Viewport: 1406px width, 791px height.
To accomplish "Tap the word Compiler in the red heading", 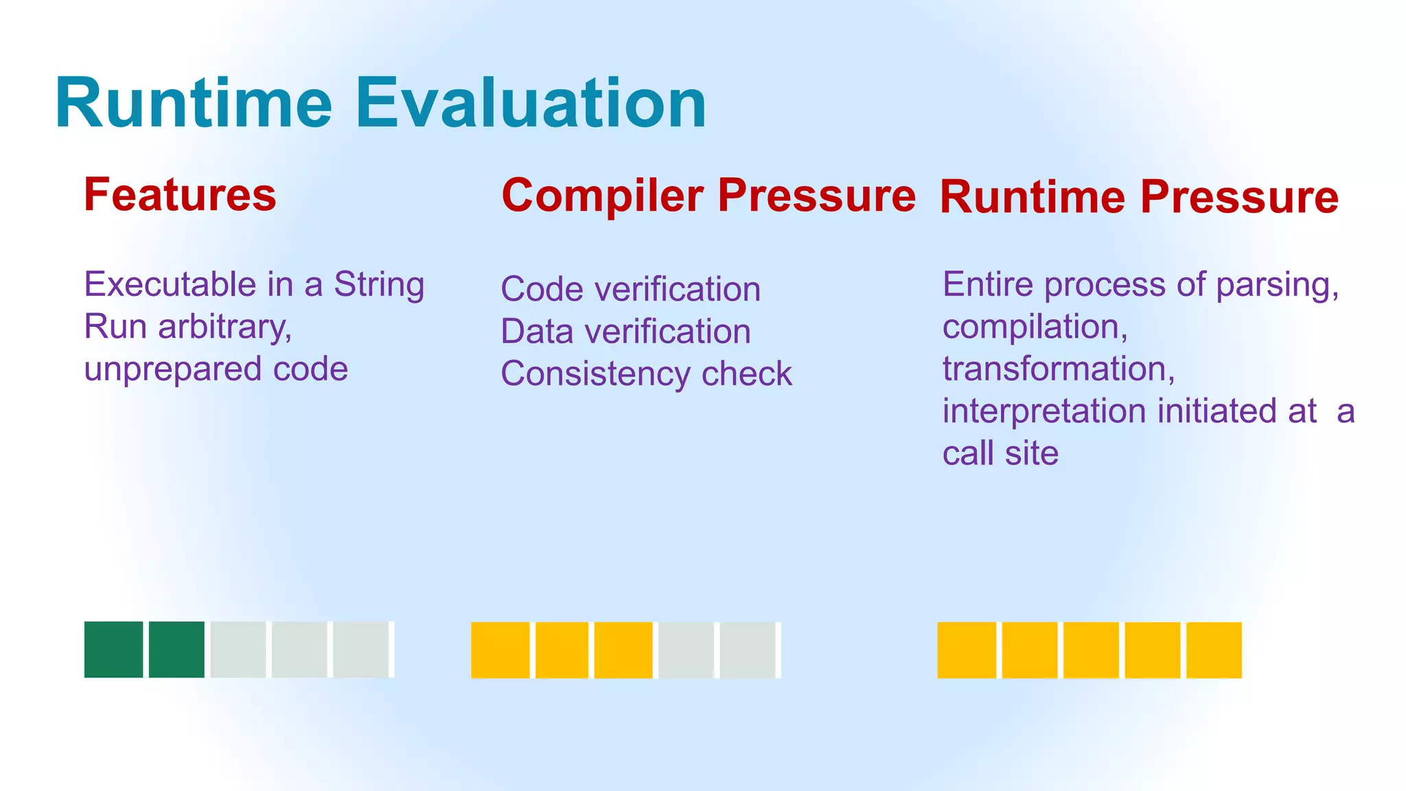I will tap(603, 196).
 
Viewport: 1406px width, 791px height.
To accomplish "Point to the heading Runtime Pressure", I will tap(1138, 197).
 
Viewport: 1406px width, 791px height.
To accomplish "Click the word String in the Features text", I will tap(379, 284).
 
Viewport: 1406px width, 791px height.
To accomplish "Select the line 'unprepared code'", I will tap(216, 369).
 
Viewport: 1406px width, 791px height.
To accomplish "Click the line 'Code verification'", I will tap(630, 289).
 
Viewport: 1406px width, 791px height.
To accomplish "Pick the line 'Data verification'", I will tap(625, 332).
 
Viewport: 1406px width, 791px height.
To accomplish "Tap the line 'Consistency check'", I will tap(646, 374).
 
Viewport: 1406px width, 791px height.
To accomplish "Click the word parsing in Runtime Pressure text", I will tap(1276, 284).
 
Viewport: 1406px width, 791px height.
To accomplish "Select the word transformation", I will tap(1058, 369).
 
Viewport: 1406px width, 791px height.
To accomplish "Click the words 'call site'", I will tap(1000, 453).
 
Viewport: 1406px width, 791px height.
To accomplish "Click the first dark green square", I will tap(113, 650).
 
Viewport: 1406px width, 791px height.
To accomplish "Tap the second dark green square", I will tap(176, 650).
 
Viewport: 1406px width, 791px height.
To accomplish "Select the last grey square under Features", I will tap(362, 650).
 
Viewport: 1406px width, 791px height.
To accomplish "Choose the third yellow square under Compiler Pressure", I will tap(623, 650).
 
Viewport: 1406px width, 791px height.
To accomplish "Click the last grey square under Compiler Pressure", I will tap(748, 650).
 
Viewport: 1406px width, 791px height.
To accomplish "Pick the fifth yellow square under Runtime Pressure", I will tap(1214, 650).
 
